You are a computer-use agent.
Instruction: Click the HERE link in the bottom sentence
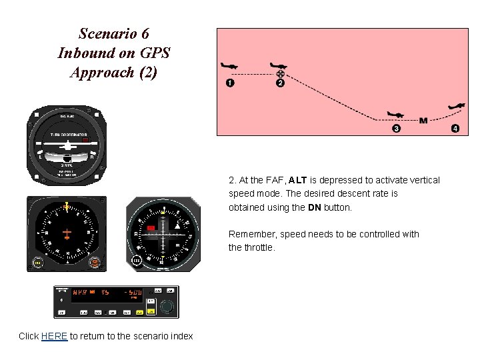coord(54,336)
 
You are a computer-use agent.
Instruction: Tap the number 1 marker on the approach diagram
coord(230,83)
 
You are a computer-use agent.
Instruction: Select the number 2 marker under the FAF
coord(280,83)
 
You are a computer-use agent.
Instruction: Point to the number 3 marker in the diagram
coord(396,128)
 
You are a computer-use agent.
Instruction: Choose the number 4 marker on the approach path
coord(455,128)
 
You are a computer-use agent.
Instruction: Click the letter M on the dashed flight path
coord(423,121)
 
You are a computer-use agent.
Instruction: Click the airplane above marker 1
coord(230,66)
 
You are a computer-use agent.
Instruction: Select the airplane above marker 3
coord(395,115)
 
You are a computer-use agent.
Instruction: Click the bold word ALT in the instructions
coord(298,180)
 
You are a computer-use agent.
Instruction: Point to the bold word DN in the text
coord(315,207)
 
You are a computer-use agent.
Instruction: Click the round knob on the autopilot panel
coord(167,307)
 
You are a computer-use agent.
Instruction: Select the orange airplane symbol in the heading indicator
coord(67,234)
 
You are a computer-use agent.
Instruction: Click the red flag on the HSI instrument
coord(151,229)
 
